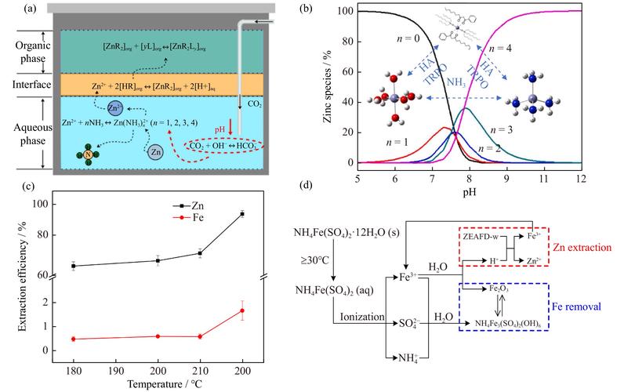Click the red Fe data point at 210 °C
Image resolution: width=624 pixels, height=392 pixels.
coord(200,336)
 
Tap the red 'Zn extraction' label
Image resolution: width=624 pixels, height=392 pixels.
coord(582,247)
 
